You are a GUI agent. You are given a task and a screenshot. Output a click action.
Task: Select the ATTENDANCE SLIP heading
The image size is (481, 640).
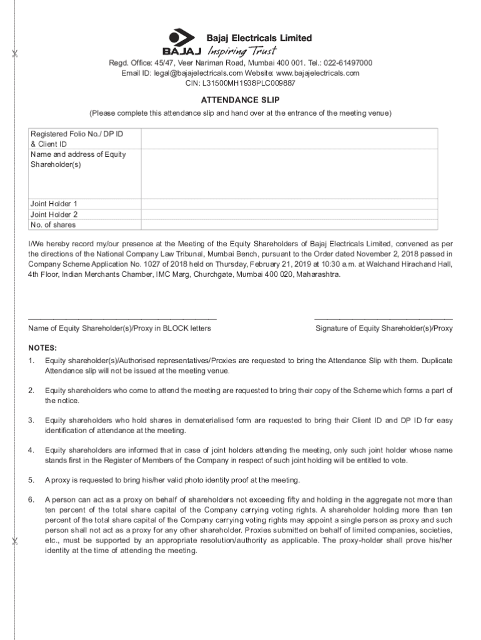click(x=240, y=100)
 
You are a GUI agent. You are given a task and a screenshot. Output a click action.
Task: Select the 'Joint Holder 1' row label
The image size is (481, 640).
click(x=54, y=204)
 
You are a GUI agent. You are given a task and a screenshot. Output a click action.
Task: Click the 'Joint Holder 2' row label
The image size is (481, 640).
click(x=54, y=214)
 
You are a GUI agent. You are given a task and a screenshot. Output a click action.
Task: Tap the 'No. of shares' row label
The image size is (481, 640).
click(x=53, y=225)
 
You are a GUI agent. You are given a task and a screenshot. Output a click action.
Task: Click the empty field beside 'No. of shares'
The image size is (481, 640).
click(x=289, y=225)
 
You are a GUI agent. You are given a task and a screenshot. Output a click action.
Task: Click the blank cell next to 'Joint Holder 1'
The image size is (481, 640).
click(x=289, y=204)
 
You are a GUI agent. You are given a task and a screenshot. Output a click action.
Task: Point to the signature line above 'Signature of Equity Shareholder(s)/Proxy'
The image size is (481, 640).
click(x=384, y=319)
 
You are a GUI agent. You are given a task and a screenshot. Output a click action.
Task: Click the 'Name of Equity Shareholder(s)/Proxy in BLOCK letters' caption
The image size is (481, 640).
click(x=119, y=329)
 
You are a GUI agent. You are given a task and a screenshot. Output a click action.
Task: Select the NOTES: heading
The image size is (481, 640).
click(x=42, y=347)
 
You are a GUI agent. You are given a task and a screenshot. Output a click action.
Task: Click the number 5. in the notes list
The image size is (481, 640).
click(x=31, y=480)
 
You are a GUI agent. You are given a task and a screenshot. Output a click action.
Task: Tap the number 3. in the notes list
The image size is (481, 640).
click(x=31, y=420)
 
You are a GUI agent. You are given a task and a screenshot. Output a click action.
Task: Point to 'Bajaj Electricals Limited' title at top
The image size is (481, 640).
click(x=259, y=38)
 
